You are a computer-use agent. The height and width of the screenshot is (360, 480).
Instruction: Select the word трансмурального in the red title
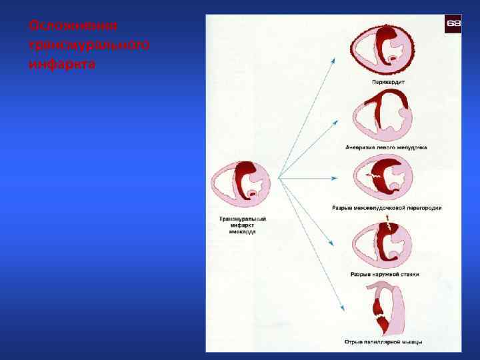coord(89,45)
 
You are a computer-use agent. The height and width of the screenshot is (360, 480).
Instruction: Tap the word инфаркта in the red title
coord(62,65)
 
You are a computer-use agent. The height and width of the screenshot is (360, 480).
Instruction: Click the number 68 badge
coord(453,23)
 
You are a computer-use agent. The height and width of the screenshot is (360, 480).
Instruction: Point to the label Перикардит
coord(387,83)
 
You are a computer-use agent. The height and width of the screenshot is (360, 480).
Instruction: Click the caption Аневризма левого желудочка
coord(387,147)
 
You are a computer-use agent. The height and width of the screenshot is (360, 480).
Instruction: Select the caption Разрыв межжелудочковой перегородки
coord(387,208)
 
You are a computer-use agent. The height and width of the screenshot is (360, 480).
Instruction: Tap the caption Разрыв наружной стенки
coord(385,274)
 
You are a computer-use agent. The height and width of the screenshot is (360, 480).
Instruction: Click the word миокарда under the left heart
coord(243,231)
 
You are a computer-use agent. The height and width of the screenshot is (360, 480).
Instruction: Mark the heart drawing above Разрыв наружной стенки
coord(381,244)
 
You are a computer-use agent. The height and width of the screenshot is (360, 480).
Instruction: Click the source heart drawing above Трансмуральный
coord(241,184)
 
